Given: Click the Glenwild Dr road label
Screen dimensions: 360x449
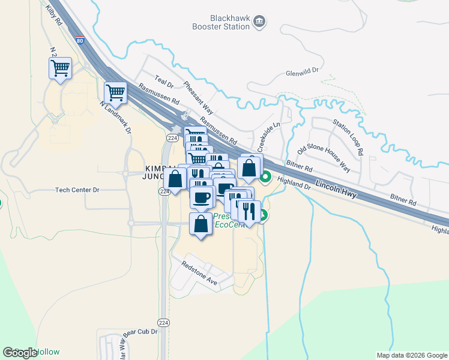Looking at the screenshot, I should (x=302, y=70).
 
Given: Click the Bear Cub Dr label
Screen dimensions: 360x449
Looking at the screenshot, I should (x=140, y=331).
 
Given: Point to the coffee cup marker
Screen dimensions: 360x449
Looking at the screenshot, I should (x=202, y=196).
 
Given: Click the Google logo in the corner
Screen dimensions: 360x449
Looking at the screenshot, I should (x=20, y=352).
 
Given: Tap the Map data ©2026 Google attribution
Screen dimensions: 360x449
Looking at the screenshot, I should (x=412, y=355).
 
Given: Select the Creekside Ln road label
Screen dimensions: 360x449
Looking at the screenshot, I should (x=268, y=137).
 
